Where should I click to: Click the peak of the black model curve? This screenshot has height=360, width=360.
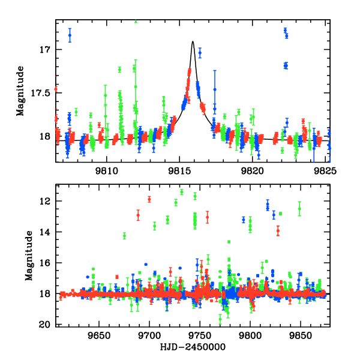pyautogui.click(x=193, y=41)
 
